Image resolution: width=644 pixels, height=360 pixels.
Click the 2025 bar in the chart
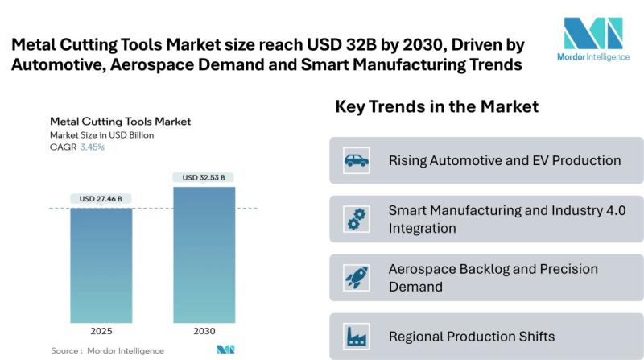[101, 266]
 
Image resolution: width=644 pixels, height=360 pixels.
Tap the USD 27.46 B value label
[101, 197]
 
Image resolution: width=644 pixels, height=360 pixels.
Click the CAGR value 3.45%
[91, 147]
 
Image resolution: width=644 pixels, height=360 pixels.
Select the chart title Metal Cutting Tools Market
[121, 122]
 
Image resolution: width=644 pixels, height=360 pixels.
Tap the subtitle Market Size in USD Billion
[101, 135]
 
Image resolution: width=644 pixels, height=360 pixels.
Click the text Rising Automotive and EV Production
[505, 160]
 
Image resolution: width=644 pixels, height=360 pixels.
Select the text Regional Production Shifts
[472, 336]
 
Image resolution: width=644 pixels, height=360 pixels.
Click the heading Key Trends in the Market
[436, 107]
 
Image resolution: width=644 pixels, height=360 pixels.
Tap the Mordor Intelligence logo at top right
[593, 43]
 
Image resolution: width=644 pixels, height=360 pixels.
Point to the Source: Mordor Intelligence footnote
[107, 350]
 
